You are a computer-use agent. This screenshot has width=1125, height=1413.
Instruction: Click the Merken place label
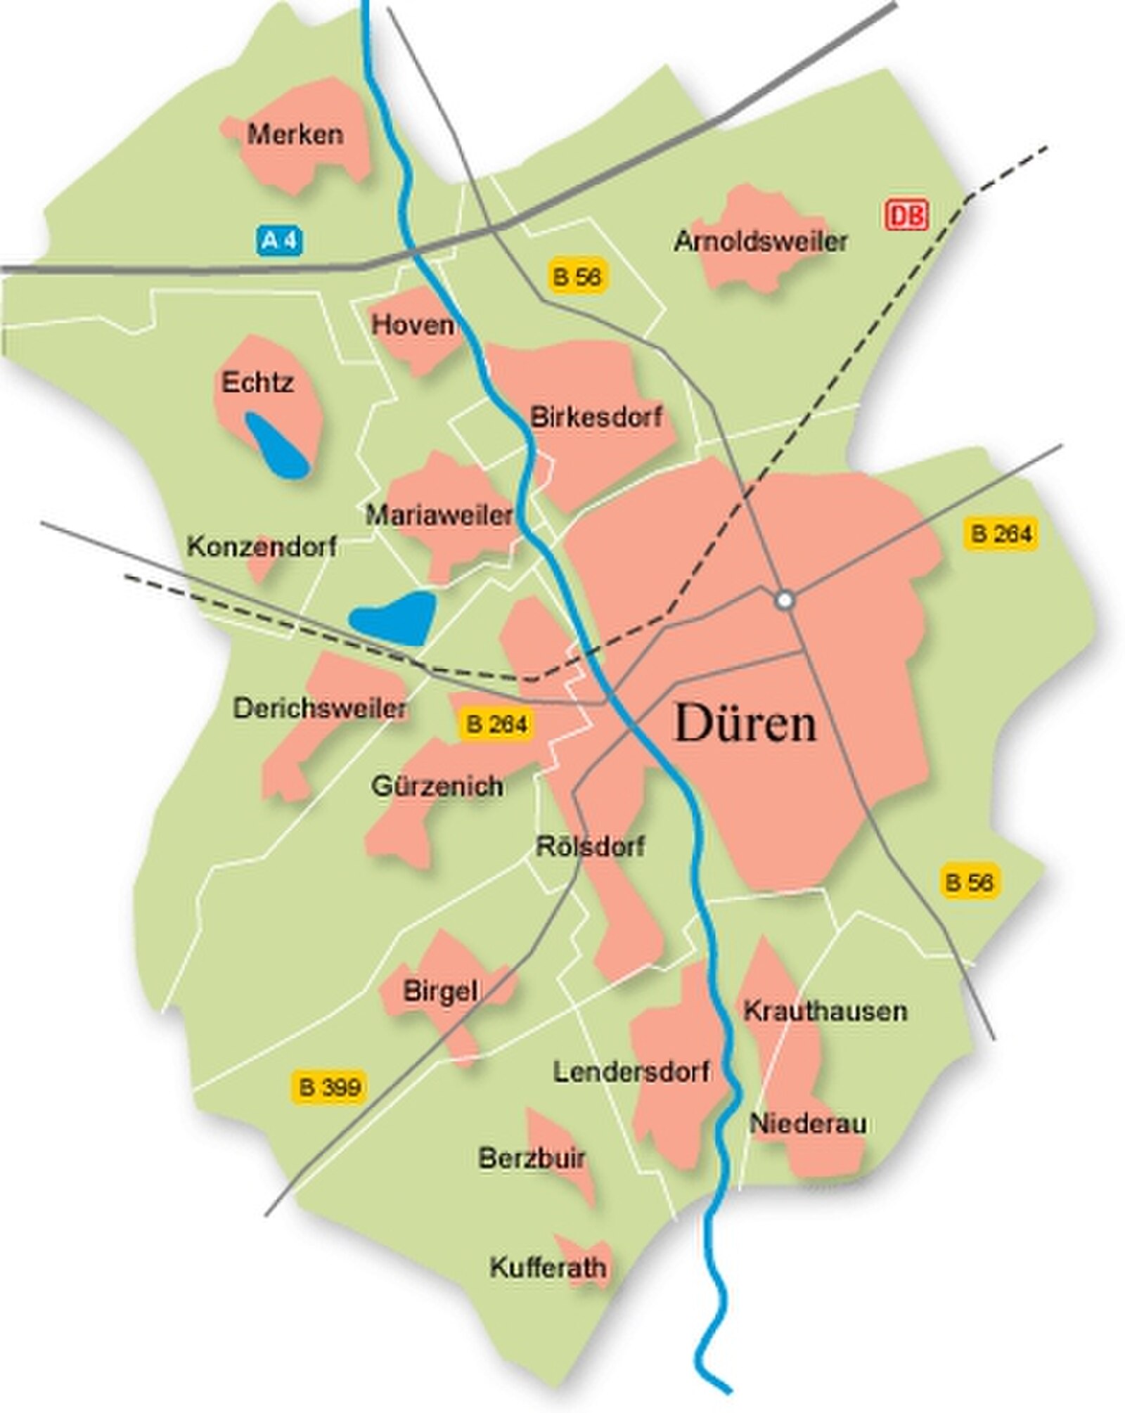pos(295,134)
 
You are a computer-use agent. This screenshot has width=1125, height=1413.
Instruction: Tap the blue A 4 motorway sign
pos(280,241)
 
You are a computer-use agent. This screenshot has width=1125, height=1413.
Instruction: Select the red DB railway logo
pos(906,214)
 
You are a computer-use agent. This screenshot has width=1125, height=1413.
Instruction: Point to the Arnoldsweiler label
pos(760,241)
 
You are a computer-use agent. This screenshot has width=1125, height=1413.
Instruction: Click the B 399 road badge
pos(329,1086)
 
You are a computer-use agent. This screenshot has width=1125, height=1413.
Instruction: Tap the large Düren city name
pos(745,723)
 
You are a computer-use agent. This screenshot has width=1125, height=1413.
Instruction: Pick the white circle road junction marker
pos(785,600)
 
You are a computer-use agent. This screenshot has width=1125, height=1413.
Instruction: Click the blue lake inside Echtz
pos(276,446)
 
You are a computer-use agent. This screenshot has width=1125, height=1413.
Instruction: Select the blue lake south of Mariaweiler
pos(394,618)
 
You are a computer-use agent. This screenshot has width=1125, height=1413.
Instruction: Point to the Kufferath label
pos(548,1267)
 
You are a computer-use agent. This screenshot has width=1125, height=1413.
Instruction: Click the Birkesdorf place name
pos(596,417)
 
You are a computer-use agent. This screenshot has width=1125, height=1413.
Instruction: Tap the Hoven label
pos(413,324)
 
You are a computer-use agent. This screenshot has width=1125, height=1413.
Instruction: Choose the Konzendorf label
pos(262,546)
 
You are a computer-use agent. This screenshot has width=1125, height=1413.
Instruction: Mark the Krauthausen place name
pos(825,1011)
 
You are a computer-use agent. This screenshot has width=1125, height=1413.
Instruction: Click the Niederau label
pos(807,1123)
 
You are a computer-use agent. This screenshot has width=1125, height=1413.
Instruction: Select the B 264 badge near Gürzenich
pos(496,724)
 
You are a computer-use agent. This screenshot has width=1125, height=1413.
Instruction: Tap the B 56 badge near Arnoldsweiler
pos(577,276)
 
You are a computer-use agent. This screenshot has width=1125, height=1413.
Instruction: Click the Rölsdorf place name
pos(590,846)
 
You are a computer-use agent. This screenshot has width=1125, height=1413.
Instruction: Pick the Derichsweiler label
pos(320,708)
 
